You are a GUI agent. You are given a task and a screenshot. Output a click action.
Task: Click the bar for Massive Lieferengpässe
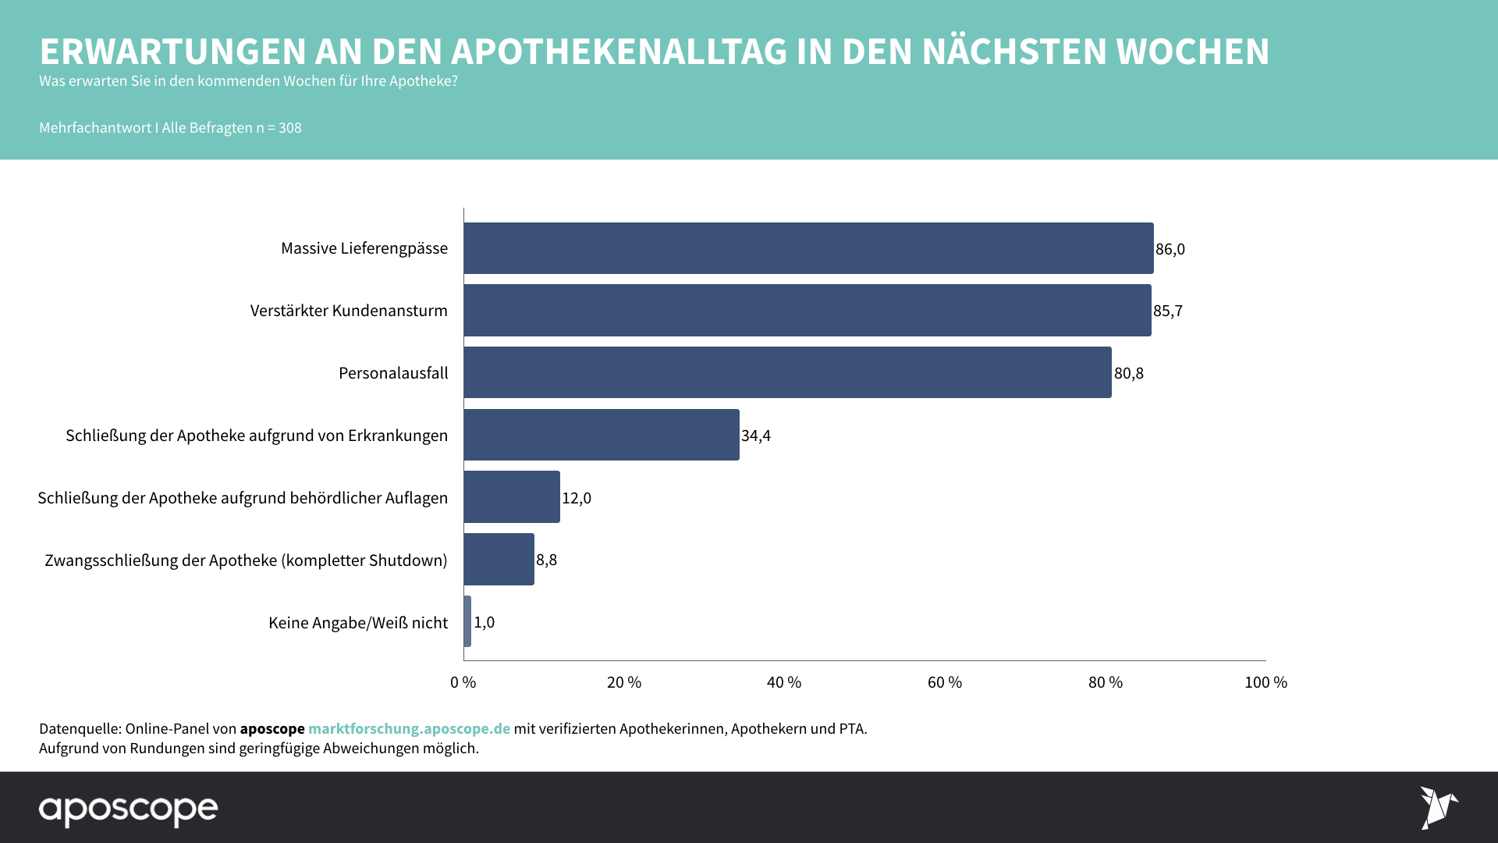[x=808, y=248]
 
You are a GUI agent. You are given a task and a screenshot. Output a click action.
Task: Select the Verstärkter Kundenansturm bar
[x=808, y=311]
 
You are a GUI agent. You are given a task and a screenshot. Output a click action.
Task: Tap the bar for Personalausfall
[x=787, y=373]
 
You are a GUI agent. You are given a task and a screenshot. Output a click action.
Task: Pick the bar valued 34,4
[x=602, y=435]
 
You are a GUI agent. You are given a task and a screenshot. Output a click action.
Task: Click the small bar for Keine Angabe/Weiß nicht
[x=467, y=622]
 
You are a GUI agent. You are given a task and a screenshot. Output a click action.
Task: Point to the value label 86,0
[x=1170, y=249]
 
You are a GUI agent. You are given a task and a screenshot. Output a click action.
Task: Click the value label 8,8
[x=546, y=560]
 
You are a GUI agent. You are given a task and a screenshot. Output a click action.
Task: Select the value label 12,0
[x=577, y=498]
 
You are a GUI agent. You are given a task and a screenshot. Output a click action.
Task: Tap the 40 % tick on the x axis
[x=784, y=682]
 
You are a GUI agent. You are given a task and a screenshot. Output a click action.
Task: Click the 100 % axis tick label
[x=1265, y=682]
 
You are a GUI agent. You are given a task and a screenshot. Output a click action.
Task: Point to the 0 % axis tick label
[x=463, y=682]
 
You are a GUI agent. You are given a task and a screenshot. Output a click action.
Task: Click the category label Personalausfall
[x=393, y=373]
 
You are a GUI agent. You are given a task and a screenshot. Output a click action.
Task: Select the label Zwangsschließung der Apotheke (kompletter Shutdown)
[x=246, y=560]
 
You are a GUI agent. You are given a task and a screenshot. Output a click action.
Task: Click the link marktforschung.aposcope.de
[x=409, y=728]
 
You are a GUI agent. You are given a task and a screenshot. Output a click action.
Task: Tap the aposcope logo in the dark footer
[x=129, y=809]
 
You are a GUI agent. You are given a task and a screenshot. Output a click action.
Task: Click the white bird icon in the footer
[x=1438, y=808]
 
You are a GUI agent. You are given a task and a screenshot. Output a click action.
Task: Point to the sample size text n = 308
[x=279, y=128]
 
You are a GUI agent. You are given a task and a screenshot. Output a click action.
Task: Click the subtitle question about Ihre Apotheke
[x=248, y=81]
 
